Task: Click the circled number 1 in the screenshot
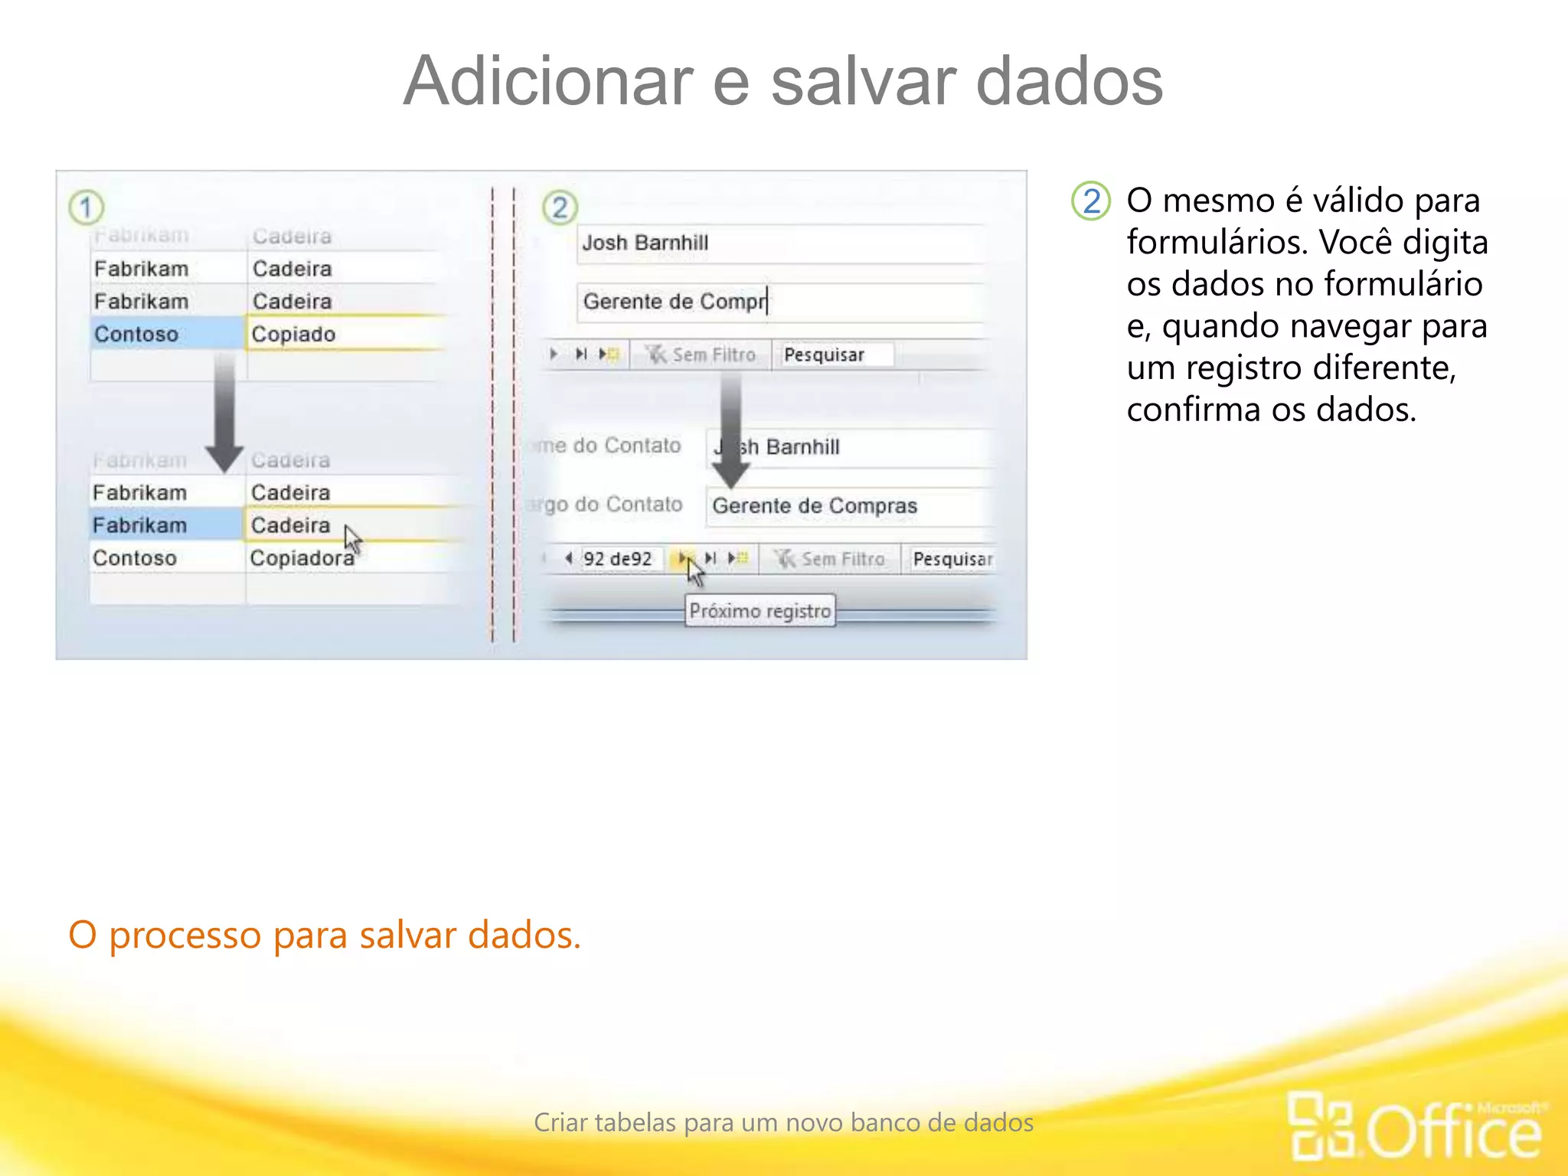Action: point(86,207)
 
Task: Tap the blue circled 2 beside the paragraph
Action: point(1090,201)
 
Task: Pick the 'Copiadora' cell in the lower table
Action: point(302,558)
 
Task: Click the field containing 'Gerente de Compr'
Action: point(777,302)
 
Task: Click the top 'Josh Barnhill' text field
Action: point(777,243)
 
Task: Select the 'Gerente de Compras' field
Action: point(846,506)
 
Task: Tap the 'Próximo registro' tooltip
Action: point(759,611)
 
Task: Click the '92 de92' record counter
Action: point(617,559)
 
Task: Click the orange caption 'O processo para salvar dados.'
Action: point(325,935)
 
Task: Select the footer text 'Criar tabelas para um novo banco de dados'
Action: point(783,1122)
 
